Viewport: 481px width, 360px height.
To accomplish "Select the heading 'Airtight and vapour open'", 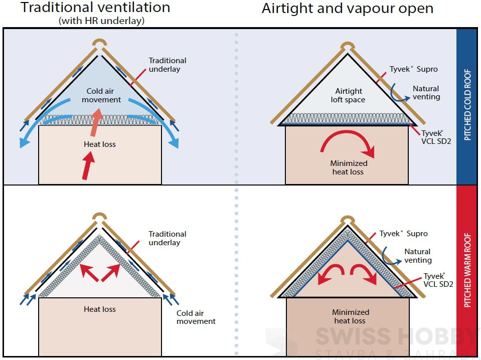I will click(x=347, y=8).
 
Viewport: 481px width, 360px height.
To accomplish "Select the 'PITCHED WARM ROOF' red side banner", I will click(x=467, y=270).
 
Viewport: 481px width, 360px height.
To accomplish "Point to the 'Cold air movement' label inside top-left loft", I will click(x=104, y=95).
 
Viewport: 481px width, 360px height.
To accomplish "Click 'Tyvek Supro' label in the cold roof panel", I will click(x=413, y=69).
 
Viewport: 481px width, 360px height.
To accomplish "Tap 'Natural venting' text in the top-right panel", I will click(x=426, y=93).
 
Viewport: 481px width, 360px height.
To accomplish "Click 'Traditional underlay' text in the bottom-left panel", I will click(x=167, y=238).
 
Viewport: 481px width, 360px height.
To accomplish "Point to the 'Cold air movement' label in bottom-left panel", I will click(x=196, y=317).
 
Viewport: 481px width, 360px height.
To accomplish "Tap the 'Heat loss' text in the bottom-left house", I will click(x=100, y=309).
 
